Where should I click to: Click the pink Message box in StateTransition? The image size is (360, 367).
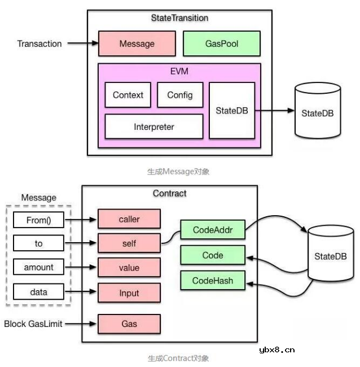pos(137,43)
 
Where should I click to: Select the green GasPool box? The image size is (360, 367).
pos(222,43)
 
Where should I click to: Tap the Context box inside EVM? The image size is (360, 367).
pos(128,95)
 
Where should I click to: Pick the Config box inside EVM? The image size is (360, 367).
pos(179,95)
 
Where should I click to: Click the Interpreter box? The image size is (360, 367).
pos(154,126)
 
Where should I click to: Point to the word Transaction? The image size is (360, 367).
pos(39,43)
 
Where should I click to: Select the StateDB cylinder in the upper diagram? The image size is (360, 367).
pos(318,112)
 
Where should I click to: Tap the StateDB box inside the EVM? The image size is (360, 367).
pos(231,111)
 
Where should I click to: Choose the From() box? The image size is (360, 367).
pos(38,219)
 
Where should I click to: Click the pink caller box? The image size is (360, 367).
pos(129,219)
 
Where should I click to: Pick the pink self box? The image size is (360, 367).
pos(129,243)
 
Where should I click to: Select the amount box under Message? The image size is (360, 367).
pos(38,268)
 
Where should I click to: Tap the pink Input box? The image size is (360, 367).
pos(129,292)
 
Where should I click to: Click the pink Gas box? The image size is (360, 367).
pos(129,324)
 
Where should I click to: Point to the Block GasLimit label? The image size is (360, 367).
pos(33,324)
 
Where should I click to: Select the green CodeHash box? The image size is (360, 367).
pos(212,280)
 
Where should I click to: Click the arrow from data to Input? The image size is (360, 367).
pos(81,292)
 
